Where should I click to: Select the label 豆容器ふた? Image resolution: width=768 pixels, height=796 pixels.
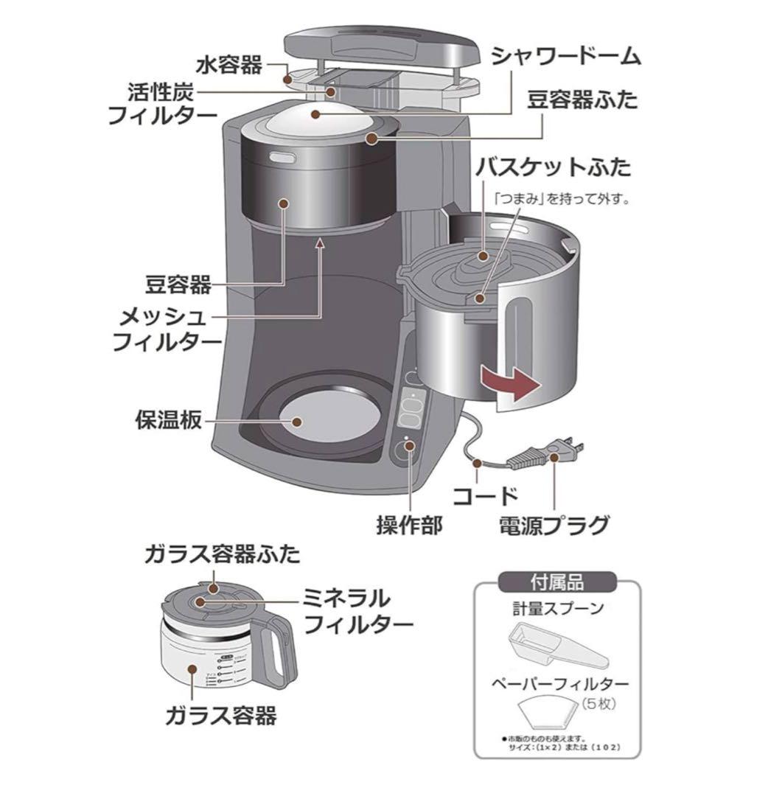tap(582, 100)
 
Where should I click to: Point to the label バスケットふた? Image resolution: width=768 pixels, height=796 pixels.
tap(553, 167)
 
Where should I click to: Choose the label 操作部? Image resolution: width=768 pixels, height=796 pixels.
tap(409, 525)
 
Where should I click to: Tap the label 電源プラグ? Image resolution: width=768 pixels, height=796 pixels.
tap(554, 525)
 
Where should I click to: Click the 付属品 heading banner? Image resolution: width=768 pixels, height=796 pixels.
tap(557, 582)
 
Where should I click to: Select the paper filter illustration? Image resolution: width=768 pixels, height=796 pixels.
tap(558, 713)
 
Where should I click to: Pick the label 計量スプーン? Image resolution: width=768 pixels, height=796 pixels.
tap(558, 609)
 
